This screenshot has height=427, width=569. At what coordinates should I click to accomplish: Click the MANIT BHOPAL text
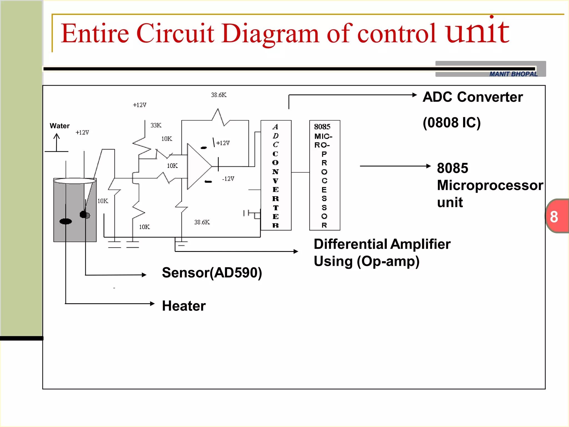[x=513, y=74]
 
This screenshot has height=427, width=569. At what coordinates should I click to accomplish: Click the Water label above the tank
[x=59, y=126]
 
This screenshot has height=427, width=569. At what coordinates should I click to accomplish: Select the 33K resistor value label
[x=156, y=125]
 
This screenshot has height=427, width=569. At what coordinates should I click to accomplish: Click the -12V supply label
[x=228, y=179]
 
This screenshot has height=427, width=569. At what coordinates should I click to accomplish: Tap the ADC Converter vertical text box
[x=276, y=175]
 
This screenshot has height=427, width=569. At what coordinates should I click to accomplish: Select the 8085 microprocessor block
[x=325, y=175]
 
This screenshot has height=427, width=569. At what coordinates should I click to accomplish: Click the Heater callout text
[x=184, y=306]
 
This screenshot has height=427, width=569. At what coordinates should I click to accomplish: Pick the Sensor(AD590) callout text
[x=212, y=273]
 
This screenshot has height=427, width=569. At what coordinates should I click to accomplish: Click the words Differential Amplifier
[x=382, y=244]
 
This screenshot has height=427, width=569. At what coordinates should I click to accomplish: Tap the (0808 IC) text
[x=451, y=123]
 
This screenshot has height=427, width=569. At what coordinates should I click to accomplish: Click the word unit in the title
[x=477, y=32]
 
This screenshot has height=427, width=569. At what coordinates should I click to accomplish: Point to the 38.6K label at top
[x=219, y=95]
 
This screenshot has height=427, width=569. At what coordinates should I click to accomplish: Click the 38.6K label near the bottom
[x=202, y=222]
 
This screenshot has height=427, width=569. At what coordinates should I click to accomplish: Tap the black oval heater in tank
[x=66, y=221]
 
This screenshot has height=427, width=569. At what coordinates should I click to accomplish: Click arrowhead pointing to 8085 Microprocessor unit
[x=428, y=166]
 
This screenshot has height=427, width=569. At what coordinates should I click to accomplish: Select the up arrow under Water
[x=57, y=142]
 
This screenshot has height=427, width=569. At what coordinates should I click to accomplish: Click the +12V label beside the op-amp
[x=223, y=143]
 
